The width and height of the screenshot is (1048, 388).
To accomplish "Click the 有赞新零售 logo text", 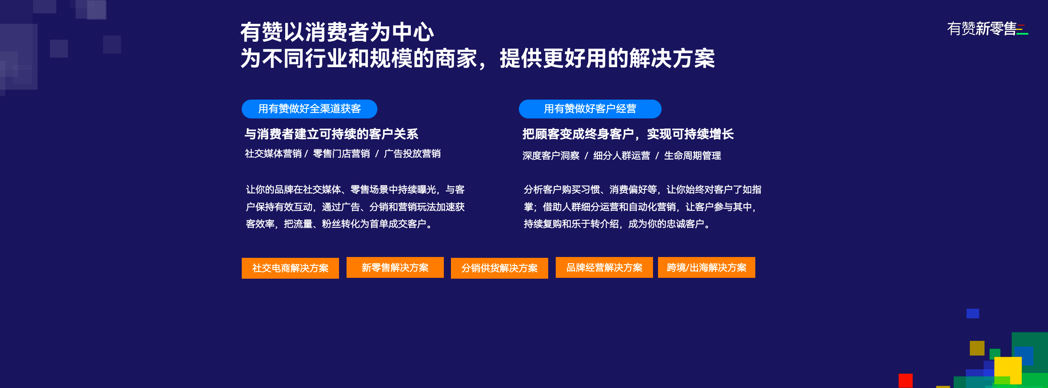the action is (981, 29).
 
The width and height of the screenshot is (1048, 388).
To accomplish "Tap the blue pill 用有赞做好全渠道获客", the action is (309, 109).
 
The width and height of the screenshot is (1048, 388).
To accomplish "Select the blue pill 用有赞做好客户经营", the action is (590, 109).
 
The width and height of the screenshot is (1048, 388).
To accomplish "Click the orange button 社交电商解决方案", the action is (290, 268).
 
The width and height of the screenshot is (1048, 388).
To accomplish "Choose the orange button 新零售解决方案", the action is (395, 267).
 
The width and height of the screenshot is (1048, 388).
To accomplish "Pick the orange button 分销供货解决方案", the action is (499, 268).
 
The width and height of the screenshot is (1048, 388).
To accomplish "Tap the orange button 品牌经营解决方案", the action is (604, 267).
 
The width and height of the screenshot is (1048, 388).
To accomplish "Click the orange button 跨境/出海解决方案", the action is (706, 267).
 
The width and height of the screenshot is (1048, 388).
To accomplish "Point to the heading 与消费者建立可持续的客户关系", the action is (332, 134).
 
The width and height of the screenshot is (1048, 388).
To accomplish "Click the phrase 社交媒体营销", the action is (273, 154).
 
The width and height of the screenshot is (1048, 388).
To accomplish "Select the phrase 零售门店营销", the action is (342, 154).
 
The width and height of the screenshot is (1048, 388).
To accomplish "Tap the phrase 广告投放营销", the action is (412, 154).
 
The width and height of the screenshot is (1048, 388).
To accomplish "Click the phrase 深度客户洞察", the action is (551, 156).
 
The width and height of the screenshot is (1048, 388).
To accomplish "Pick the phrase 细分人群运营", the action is (622, 156).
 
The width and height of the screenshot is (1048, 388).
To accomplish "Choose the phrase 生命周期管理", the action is (693, 156).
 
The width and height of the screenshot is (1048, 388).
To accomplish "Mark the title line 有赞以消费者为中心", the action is (337, 32).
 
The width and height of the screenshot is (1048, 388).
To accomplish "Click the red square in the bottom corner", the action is (906, 380).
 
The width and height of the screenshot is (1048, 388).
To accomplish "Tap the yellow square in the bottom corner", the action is (1008, 370).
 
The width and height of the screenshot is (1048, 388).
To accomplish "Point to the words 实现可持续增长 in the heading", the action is (690, 134).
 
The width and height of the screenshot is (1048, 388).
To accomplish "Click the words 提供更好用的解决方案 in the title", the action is (608, 58).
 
